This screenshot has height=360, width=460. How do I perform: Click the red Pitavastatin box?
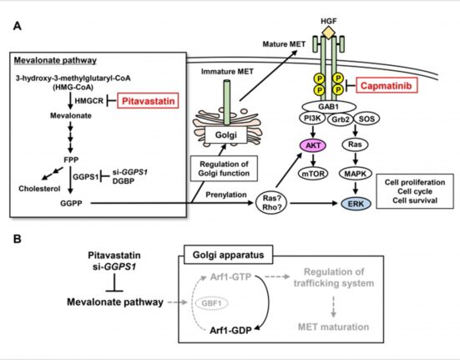pyautogui.click(x=148, y=100)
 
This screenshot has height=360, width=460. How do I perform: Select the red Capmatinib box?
pyautogui.click(x=387, y=85)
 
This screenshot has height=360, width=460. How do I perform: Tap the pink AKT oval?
pyautogui.click(x=313, y=145)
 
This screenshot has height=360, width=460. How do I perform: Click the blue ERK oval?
pyautogui.click(x=356, y=204)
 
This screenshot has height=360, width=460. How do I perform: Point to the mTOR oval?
pyautogui.click(x=313, y=174)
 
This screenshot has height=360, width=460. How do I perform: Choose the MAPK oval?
pyautogui.click(x=356, y=174)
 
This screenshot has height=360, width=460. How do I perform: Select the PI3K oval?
pyautogui.click(x=312, y=119)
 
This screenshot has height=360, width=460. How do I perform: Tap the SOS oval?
pyautogui.click(x=366, y=119)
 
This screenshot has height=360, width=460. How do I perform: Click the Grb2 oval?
pyautogui.click(x=341, y=119)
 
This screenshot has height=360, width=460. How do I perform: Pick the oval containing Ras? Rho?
pyautogui.click(x=271, y=203)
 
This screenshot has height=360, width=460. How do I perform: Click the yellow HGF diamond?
pyautogui.click(x=329, y=33)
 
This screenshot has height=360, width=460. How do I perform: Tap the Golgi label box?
pyautogui.click(x=226, y=135)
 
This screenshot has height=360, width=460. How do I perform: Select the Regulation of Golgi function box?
pyautogui.click(x=224, y=169)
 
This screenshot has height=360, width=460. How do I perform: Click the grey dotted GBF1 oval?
pyautogui.click(x=212, y=303)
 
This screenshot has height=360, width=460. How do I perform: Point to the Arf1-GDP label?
pyautogui.click(x=230, y=331)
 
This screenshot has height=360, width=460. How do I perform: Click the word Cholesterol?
pyautogui.click(x=39, y=189)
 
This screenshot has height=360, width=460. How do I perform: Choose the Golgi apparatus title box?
pyautogui.click(x=228, y=255)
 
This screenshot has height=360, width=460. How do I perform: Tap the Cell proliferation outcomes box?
pyautogui.click(x=415, y=191)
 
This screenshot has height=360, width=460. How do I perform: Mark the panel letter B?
pyautogui.click(x=18, y=239)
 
